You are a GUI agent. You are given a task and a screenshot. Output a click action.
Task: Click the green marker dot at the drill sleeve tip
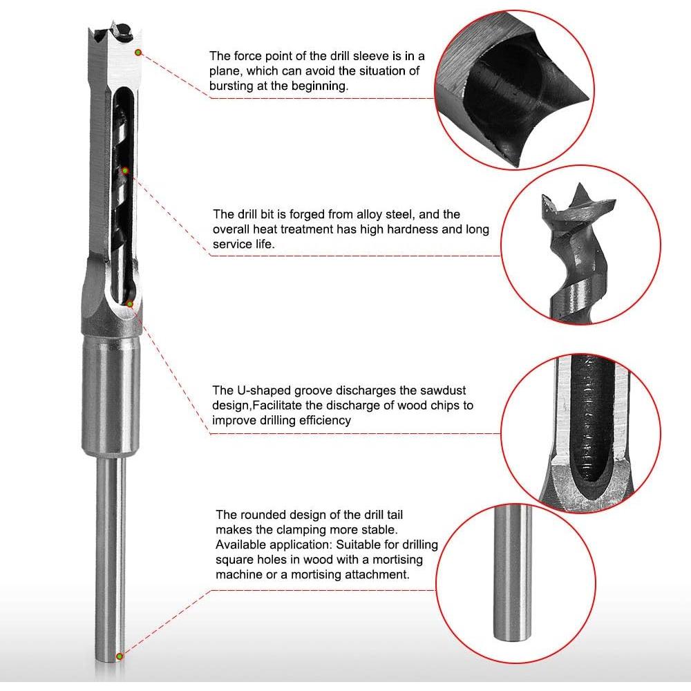click(x=138, y=52)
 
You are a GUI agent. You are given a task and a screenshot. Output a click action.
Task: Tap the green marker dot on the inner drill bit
click(x=125, y=170)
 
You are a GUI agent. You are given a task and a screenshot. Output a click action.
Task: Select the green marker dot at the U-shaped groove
click(x=130, y=303)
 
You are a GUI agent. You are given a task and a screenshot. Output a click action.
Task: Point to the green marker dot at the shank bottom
click(x=120, y=655)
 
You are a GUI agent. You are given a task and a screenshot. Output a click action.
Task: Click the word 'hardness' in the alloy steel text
click(x=397, y=229)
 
